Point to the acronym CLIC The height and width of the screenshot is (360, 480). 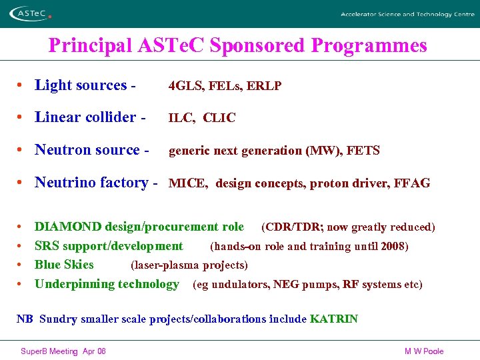[x=219, y=118]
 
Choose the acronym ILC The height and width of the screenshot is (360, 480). [x=181, y=118]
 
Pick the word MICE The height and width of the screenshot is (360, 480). [x=188, y=183]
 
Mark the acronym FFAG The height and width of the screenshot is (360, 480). [x=413, y=183]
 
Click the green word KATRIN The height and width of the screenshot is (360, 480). [x=334, y=319]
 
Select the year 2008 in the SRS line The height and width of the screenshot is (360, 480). [x=392, y=246]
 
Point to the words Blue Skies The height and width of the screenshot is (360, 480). [x=64, y=265]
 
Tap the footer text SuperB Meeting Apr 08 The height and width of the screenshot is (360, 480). [x=63, y=351]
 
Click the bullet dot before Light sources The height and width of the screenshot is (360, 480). [x=22, y=86]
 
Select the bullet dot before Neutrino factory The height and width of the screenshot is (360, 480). [x=22, y=183]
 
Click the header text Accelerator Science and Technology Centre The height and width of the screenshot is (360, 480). [x=407, y=14]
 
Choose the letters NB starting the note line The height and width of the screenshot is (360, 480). [x=25, y=319]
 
